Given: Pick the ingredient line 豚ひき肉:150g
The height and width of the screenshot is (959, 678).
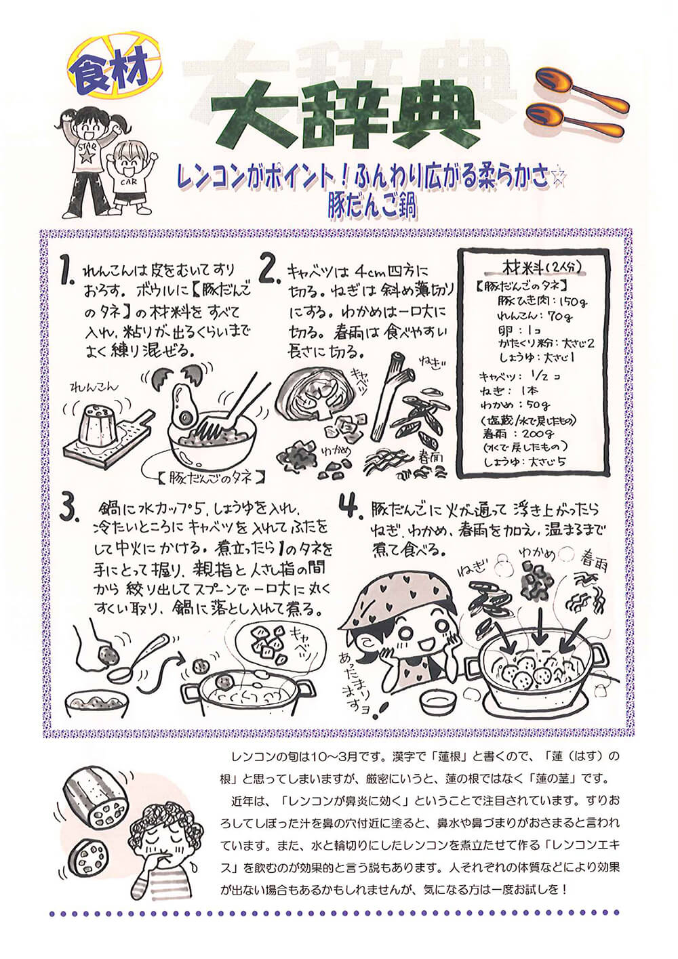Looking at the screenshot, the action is pyautogui.click(x=542, y=302).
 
